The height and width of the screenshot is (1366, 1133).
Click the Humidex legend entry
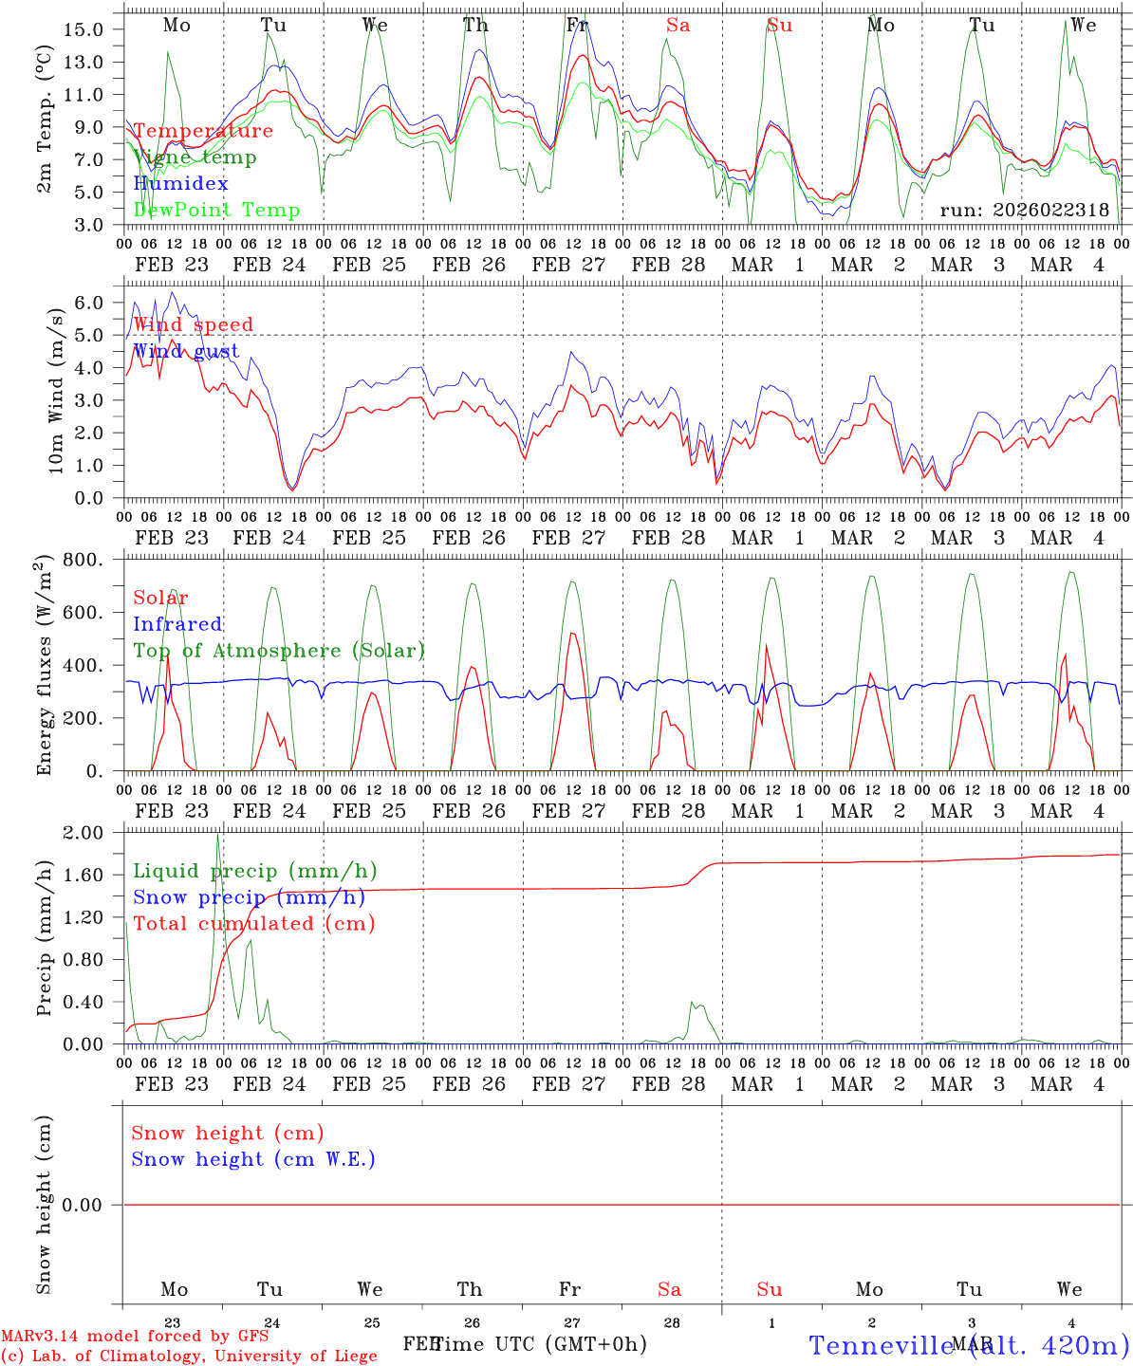pos(180,183)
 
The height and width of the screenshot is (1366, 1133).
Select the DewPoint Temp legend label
pos(216,210)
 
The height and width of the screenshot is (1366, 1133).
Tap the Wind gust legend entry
pos(186,351)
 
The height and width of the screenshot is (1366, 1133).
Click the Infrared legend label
pos(177,623)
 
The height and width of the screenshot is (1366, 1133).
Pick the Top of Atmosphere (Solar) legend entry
pos(279,650)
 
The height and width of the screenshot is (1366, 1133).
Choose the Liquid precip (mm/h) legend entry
pos(254,870)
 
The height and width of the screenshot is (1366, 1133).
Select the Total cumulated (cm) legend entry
pos(253,923)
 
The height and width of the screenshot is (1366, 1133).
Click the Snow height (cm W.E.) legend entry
pos(253,1158)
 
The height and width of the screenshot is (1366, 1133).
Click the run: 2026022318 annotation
pos(1024,210)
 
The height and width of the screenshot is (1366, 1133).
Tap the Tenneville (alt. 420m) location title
pos(968,1344)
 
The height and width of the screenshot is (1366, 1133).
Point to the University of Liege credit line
pos(189,1356)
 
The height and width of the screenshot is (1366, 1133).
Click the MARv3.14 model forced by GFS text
pos(135,1336)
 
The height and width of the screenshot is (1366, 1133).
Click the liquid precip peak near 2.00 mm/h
pos(217,836)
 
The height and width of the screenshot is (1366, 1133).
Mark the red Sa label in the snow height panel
pos(669,1289)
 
